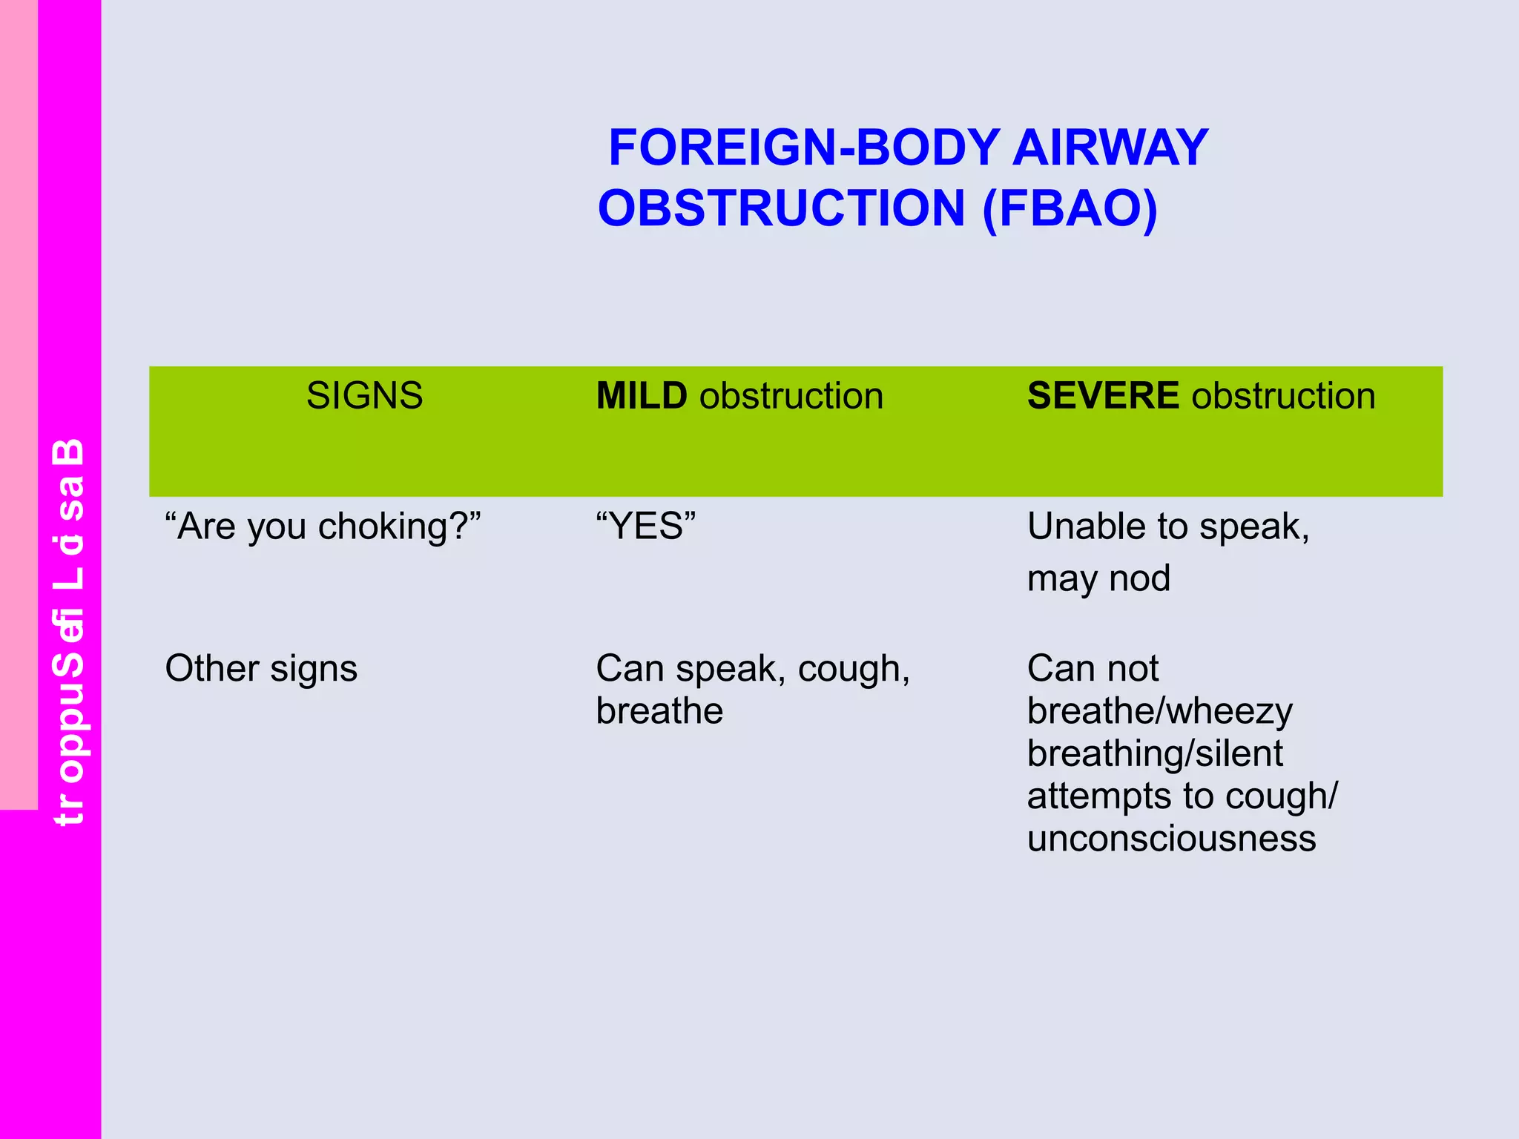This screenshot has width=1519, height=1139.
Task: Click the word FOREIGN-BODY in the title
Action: (x=803, y=148)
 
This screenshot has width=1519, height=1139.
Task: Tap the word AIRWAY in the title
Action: (x=1110, y=148)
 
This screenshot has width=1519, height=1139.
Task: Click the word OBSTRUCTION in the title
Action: (x=781, y=208)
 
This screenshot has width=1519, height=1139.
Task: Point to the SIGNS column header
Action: (x=364, y=395)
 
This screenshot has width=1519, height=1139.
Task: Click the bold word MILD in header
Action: (x=642, y=395)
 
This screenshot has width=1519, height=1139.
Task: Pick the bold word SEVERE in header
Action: (x=1102, y=395)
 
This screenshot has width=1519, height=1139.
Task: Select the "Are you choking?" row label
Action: (x=323, y=526)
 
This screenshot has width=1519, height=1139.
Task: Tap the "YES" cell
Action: (x=645, y=526)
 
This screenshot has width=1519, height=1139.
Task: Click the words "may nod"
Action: (x=1098, y=578)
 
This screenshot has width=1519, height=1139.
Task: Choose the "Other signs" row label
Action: (x=261, y=668)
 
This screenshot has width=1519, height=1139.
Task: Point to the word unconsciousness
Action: (x=1171, y=839)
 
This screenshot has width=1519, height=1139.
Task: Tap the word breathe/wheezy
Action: (x=1159, y=711)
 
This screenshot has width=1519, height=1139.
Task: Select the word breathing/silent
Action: (x=1155, y=753)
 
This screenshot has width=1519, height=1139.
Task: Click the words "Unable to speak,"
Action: (x=1168, y=526)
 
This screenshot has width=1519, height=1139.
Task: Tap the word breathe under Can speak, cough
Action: (x=659, y=711)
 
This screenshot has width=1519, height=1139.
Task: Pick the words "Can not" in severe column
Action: (x=1092, y=668)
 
